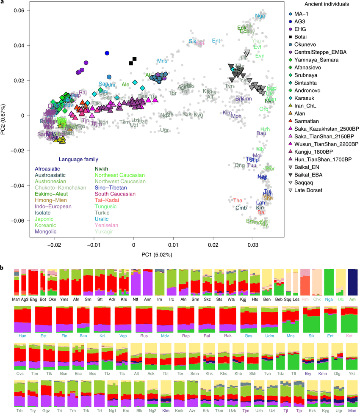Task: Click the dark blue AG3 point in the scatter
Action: tap(107, 53)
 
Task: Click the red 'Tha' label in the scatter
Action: tap(238, 200)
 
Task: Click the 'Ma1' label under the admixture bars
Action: tap(16, 299)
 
